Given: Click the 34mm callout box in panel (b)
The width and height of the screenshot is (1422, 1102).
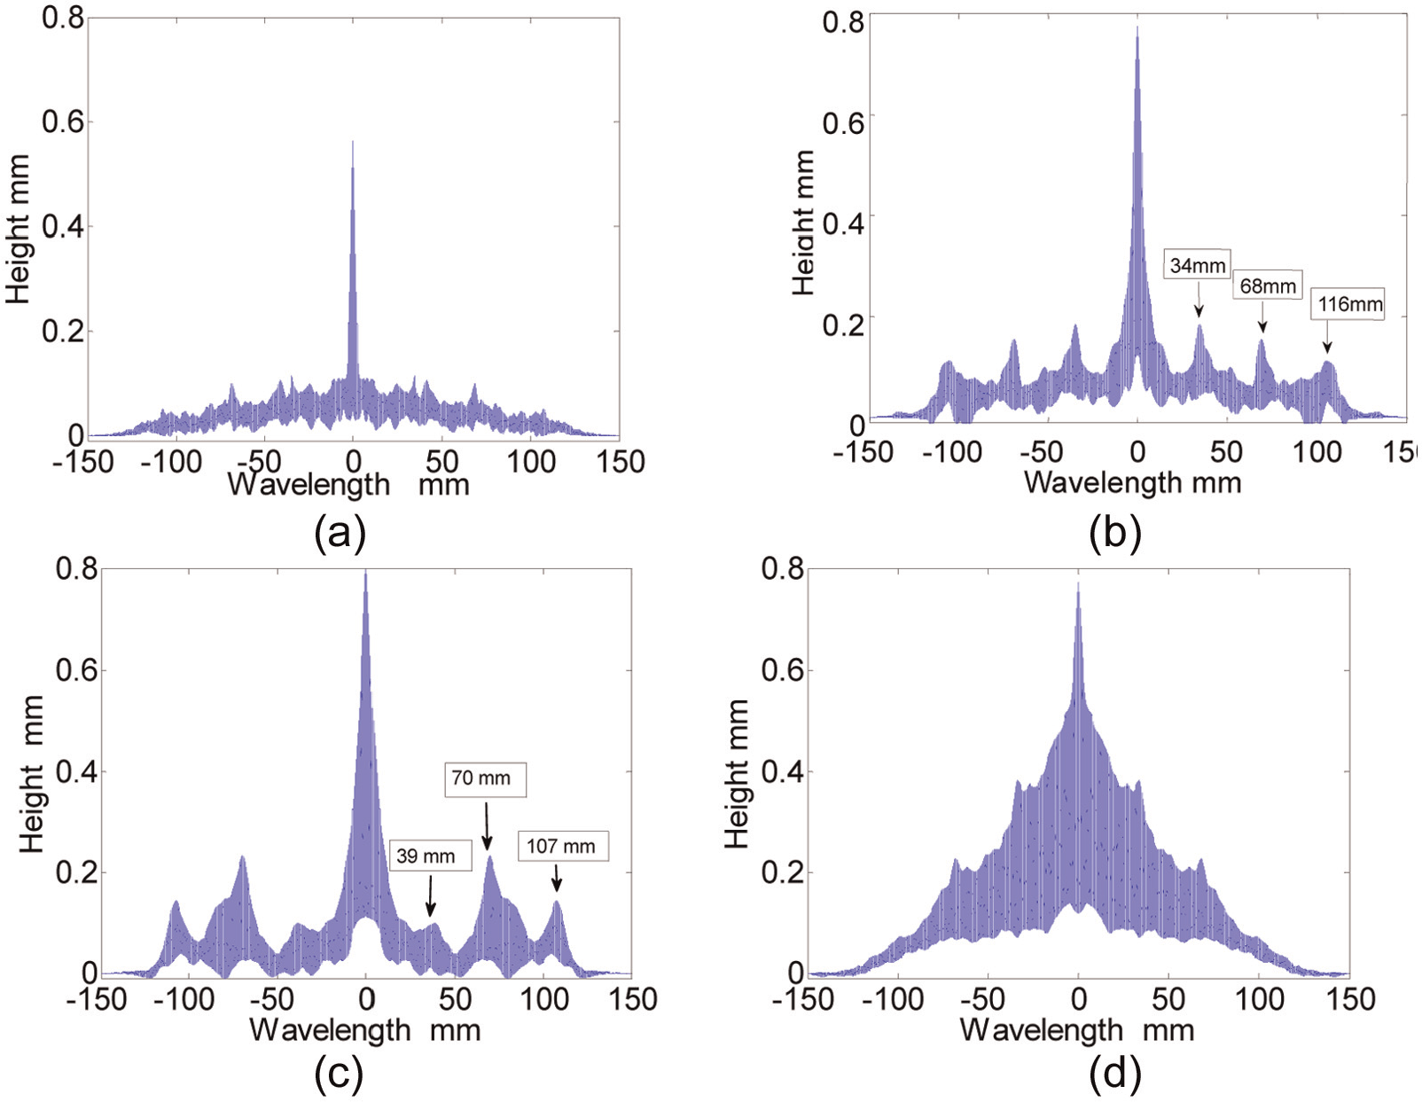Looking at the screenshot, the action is (1197, 265).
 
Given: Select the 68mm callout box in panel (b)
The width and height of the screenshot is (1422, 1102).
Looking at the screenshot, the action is (1268, 285).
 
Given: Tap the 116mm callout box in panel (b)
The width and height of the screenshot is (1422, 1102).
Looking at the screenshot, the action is (1347, 304).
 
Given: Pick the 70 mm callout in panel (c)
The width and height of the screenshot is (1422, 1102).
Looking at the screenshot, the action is (485, 778).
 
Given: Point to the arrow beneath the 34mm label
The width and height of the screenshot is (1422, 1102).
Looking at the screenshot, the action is (1199, 301).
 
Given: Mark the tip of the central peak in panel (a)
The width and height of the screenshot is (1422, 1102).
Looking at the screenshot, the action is (353, 140).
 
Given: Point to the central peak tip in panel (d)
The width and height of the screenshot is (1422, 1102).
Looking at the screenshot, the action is (1078, 582).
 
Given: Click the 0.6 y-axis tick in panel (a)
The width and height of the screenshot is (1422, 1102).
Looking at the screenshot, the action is (64, 121).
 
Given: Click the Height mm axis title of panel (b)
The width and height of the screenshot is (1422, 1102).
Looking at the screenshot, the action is (802, 223).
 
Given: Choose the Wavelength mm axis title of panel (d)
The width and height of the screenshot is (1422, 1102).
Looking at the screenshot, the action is (1077, 1031).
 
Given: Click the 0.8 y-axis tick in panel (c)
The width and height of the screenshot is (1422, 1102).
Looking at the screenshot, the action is (77, 568).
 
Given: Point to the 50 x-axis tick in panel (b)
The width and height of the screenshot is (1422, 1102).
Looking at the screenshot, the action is (1226, 451).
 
